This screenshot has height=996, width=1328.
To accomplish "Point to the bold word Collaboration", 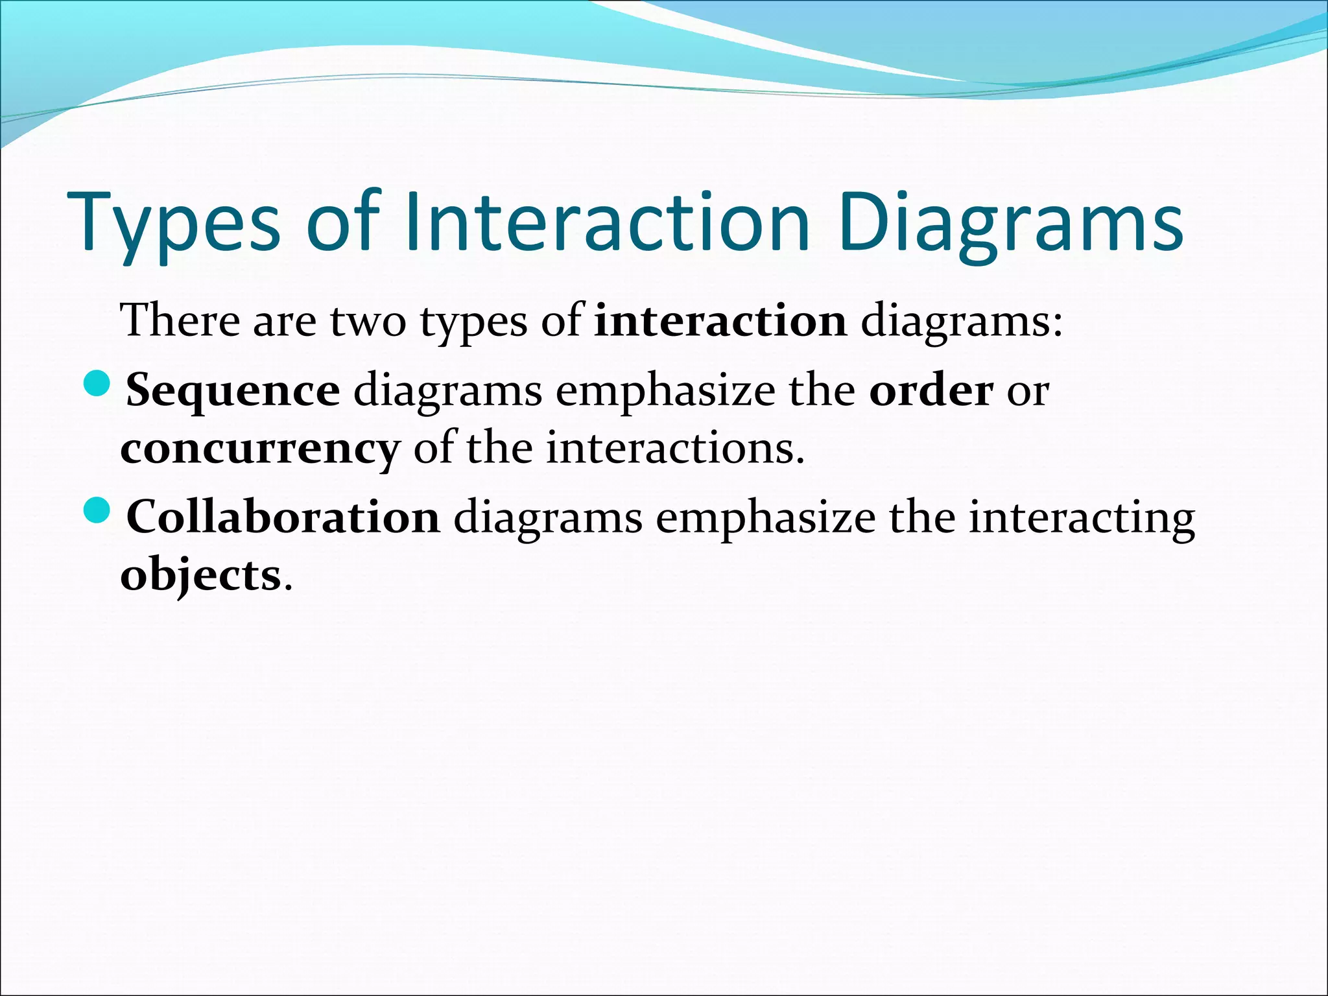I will pyautogui.click(x=283, y=518).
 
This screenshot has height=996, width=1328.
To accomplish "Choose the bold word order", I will pyautogui.click(x=931, y=390).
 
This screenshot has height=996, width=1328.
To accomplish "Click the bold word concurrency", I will pyautogui.click(x=260, y=449).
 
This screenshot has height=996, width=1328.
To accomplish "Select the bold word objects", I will pyautogui.click(x=200, y=576).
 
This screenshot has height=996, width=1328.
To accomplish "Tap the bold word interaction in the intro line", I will pyautogui.click(x=720, y=321).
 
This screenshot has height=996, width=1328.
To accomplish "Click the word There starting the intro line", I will pyautogui.click(x=180, y=321).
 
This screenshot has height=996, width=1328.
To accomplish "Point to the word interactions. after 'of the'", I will pyautogui.click(x=675, y=448).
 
